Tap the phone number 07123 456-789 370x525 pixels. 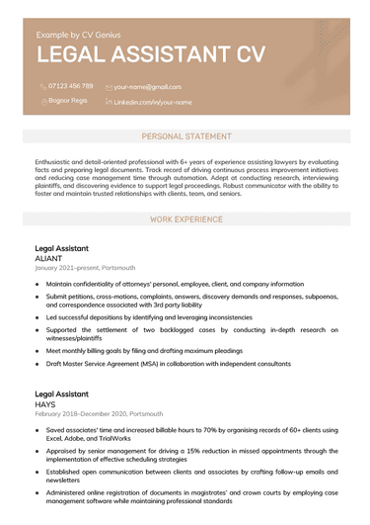(71, 86)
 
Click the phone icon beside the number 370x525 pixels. (42, 87)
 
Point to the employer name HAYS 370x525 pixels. (45, 403)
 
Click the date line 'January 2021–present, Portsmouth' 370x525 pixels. (86, 268)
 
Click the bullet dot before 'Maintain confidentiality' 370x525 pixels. (37, 284)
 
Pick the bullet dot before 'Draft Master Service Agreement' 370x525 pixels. (37, 364)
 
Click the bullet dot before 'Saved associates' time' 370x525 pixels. (37, 431)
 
